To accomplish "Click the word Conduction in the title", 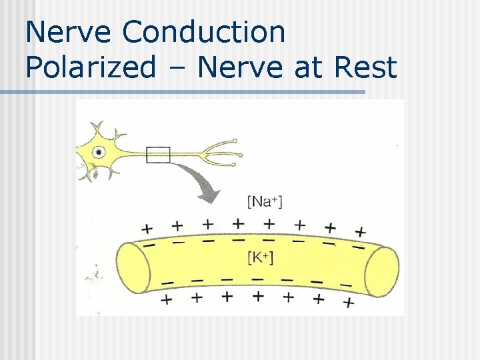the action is tap(204, 32).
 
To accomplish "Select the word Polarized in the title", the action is tap(91, 67).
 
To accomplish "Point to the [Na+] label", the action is tap(265, 201).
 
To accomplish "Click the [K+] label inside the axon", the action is tap(260, 257).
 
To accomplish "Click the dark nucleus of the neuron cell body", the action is tap(99, 152).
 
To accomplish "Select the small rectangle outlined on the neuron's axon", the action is tap(158, 155).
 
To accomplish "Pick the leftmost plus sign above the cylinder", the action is tap(148, 227).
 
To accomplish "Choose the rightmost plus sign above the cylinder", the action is tap(361, 232).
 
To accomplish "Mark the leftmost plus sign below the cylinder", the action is tap(167, 299).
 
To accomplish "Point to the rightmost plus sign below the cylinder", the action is tap(348, 303).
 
